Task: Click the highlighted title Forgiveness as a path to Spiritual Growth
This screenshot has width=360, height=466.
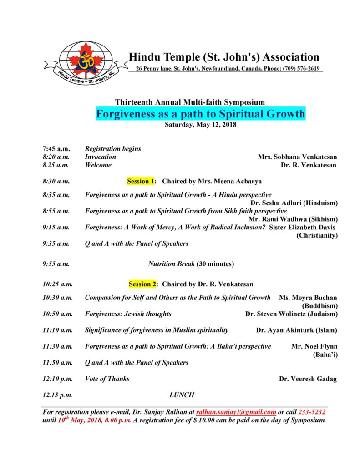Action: tap(200, 113)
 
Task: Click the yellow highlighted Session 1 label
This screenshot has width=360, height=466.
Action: tap(141, 181)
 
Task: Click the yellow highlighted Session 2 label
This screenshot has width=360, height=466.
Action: tap(142, 284)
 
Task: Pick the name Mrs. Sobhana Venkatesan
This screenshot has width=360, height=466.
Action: tap(297, 157)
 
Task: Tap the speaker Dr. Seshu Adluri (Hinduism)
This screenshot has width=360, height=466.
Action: tap(294, 203)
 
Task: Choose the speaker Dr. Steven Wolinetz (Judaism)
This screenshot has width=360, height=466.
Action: tap(291, 314)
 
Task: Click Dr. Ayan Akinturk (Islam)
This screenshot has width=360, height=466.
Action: tap(297, 330)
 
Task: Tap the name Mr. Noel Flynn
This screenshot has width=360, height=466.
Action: tap(314, 346)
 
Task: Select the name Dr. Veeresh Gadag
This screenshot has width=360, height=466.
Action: tap(308, 379)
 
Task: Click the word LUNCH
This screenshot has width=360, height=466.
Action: tap(182, 395)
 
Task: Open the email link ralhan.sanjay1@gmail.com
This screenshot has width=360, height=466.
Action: tap(236, 412)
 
